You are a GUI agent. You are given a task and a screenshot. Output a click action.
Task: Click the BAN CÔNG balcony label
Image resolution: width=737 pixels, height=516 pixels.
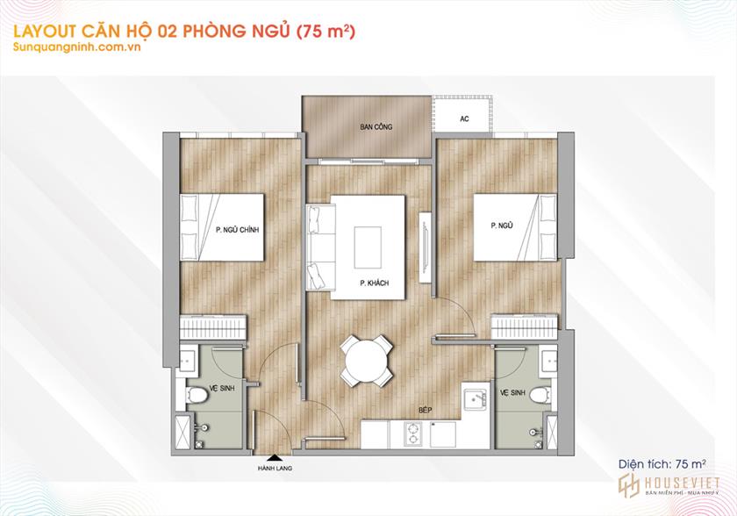coord(376,127)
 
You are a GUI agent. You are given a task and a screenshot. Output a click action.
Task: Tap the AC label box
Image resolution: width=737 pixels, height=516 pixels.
coord(464,118)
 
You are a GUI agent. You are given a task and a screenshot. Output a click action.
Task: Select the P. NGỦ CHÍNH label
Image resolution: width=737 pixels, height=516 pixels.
coord(238,230)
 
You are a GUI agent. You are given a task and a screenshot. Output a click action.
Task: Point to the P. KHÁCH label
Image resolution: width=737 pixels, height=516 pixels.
coord(375,283)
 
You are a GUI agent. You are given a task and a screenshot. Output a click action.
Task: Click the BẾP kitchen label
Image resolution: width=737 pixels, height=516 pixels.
coord(426,410)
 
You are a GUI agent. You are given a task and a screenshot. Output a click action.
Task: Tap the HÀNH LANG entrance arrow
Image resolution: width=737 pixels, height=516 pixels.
coord(274,456)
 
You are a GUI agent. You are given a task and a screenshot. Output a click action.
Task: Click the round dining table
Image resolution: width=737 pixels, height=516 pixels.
coord(367,361)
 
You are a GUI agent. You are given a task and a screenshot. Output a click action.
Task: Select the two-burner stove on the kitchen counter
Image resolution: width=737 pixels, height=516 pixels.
coord(413,434)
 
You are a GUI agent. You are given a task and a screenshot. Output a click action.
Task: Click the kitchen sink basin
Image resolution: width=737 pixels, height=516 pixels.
coord(475,401)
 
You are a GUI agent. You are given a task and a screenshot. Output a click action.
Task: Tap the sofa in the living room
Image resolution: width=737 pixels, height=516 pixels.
coord(320,247)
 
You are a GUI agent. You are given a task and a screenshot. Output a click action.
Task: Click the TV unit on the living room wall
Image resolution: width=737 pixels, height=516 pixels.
coord(426,247)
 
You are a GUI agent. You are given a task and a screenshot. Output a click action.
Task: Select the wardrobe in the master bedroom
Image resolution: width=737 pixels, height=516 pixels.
coord(213,327)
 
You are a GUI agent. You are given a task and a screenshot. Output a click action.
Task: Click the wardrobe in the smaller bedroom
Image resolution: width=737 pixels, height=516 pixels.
coord(525,326)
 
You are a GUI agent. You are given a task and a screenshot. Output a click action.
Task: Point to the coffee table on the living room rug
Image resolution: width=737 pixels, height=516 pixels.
coord(368,247)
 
